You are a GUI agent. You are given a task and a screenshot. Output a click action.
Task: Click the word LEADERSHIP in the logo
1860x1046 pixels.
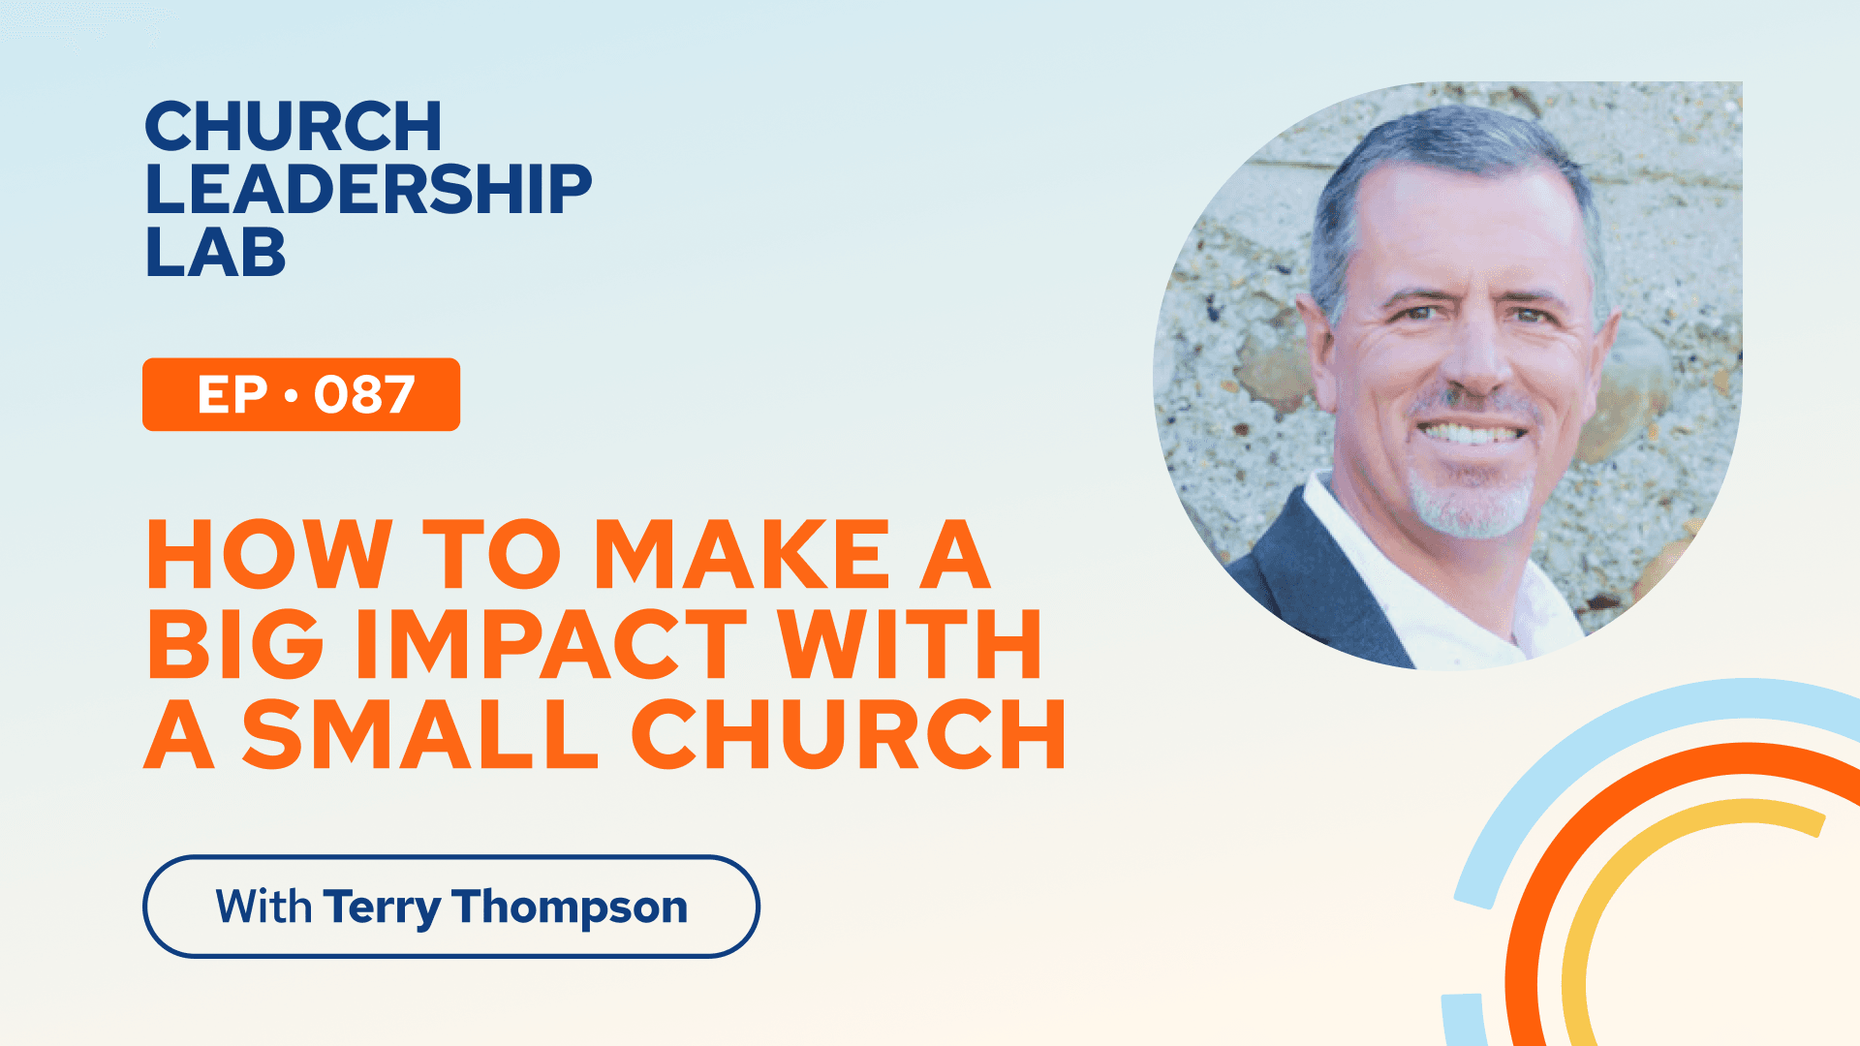point(368,189)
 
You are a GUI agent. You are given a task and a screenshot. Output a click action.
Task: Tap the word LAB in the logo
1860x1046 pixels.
point(215,252)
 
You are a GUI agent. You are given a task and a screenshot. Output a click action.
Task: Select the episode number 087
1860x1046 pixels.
point(364,395)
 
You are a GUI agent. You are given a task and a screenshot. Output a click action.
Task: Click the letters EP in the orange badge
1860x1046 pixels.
point(232,395)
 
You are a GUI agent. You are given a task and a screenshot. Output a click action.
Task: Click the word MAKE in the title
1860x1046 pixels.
point(741,554)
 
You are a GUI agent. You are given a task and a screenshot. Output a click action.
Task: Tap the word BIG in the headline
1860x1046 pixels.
point(235,644)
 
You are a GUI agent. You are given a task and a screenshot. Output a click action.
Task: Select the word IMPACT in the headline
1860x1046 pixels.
point(551,644)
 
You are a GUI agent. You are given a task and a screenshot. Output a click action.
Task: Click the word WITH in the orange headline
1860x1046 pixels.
point(911,644)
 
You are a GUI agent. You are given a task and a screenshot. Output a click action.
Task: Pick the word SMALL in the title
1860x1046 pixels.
point(419,734)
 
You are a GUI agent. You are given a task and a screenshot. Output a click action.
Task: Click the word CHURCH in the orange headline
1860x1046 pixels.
point(849,734)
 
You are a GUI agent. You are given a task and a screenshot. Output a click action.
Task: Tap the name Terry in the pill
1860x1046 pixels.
point(382,908)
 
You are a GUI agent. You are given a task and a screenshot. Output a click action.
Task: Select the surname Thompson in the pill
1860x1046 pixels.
point(570,908)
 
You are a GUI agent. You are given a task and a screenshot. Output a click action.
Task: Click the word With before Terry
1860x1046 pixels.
point(263,907)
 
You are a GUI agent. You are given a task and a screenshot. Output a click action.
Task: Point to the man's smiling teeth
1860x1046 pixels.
point(1472,432)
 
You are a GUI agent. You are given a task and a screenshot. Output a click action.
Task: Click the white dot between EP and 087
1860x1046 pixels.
point(291,396)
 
